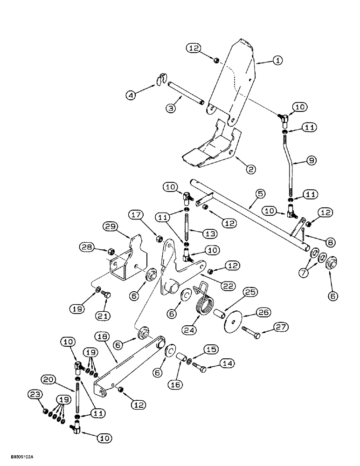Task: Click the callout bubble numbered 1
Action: pyautogui.click(x=277, y=60)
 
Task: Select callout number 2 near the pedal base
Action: pyautogui.click(x=251, y=170)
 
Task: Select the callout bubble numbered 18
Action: pyautogui.click(x=104, y=336)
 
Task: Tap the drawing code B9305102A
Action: pyautogui.click(x=20, y=458)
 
